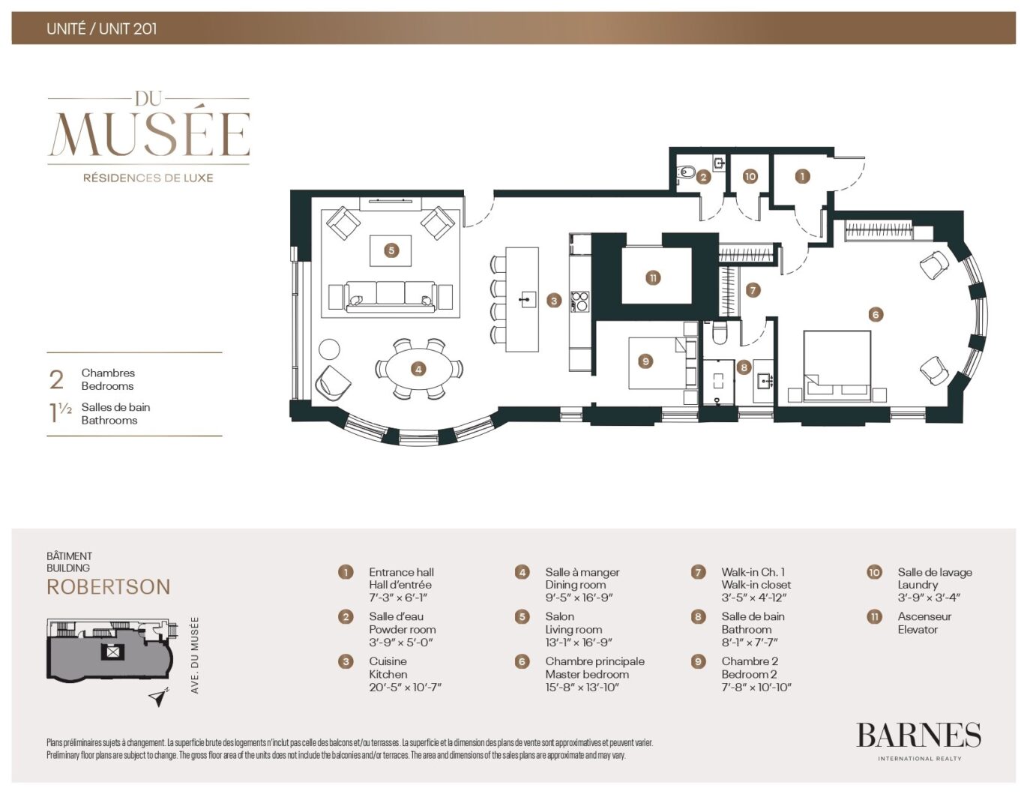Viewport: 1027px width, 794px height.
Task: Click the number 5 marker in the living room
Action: pos(391,250)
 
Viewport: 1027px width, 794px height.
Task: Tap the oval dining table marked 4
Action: pos(418,369)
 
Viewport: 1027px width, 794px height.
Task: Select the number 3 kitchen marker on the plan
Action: pos(554,301)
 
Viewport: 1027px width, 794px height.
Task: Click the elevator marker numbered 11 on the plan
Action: pos(653,278)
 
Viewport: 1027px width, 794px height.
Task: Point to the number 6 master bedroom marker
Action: pos(875,314)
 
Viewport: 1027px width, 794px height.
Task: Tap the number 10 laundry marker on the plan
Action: pos(750,176)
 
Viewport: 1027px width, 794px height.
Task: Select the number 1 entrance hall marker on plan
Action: pos(802,176)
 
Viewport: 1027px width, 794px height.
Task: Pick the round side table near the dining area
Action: pos(329,349)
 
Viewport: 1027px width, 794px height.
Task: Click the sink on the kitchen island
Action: pos(528,300)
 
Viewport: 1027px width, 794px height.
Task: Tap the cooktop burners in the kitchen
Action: pos(580,301)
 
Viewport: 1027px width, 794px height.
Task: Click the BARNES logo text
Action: pos(918,736)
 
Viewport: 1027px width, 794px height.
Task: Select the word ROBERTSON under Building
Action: pos(109,587)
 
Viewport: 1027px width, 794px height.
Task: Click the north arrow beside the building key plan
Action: pos(157,699)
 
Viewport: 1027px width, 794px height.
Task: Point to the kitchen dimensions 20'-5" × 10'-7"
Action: pos(405,687)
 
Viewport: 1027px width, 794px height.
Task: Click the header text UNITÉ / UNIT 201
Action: pos(102,29)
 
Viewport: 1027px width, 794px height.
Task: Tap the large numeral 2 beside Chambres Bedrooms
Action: pos(56,379)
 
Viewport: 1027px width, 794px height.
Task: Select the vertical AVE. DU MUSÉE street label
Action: pos(195,655)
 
